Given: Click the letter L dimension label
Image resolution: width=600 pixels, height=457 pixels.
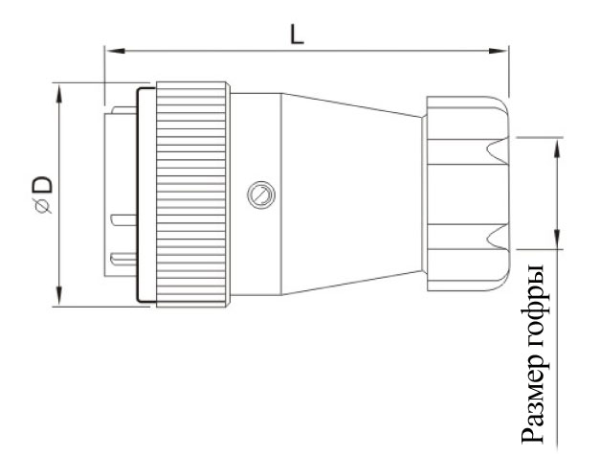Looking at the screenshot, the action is (x=297, y=34).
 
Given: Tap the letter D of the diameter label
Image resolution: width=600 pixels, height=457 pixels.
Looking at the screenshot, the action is (x=42, y=185).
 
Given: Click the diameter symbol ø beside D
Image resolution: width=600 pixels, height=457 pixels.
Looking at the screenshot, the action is (x=43, y=206).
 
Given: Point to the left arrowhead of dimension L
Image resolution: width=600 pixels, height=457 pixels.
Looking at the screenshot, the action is (x=115, y=51).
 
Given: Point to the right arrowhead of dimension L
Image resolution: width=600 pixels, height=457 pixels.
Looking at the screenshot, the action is (x=499, y=51).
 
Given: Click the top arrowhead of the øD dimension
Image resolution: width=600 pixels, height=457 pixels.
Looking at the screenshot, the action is (x=59, y=94).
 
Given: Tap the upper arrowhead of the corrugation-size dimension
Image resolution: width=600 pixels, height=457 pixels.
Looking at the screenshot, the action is (x=557, y=148).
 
